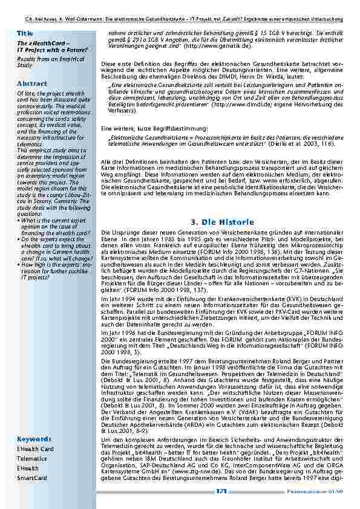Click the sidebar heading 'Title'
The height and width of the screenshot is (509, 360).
pos(25,32)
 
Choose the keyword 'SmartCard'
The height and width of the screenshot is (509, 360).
pos(31,478)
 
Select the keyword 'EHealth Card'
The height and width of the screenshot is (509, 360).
pos(35,449)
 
